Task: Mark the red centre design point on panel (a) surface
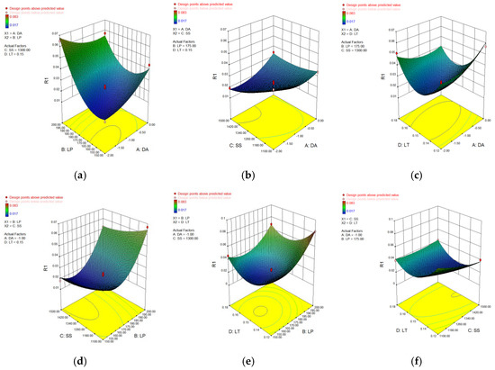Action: [x=106, y=87]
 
